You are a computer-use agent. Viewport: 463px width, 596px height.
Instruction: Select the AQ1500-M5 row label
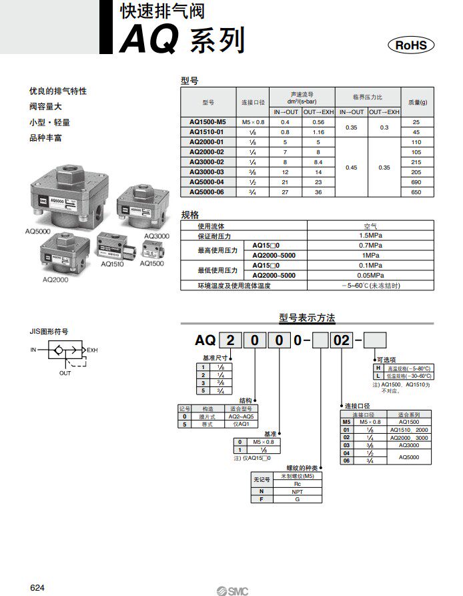pos(207,122)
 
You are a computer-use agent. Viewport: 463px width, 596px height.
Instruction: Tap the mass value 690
pos(416,182)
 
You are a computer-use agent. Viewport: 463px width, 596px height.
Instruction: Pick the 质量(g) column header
pos(418,102)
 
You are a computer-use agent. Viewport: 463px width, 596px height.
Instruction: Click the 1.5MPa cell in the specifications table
pos(370,236)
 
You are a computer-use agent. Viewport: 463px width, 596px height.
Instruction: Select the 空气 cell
pos(370,226)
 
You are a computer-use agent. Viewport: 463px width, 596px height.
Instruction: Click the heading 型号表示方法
pos(307,318)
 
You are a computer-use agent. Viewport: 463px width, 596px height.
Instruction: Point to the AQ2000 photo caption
pos(55,280)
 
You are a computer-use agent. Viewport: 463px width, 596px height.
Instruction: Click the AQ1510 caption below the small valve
pos(111,264)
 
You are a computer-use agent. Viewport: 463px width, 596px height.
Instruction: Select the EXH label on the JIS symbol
pos(92,349)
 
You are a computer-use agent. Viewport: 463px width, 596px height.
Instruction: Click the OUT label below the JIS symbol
pos(65,373)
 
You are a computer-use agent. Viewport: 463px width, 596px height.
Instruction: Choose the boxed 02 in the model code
pos(342,340)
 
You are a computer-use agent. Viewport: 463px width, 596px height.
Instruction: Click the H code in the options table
pos(378,368)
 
